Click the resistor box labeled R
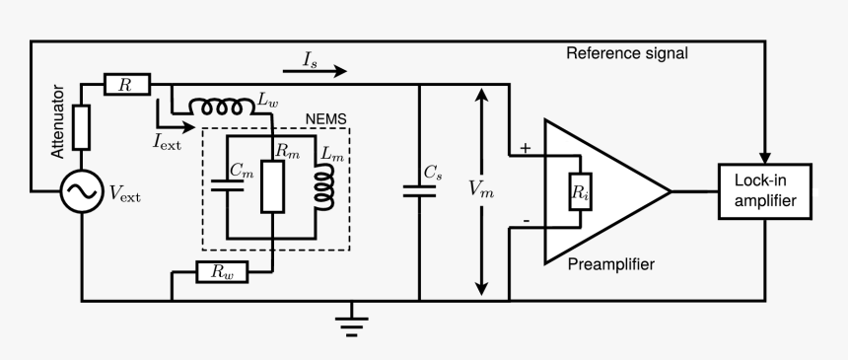(125, 86)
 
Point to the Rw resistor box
(222, 271)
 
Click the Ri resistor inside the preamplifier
(579, 193)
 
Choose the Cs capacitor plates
(420, 190)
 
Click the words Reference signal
(626, 52)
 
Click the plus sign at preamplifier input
(524, 148)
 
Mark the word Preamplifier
(610, 264)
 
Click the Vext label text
(123, 195)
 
